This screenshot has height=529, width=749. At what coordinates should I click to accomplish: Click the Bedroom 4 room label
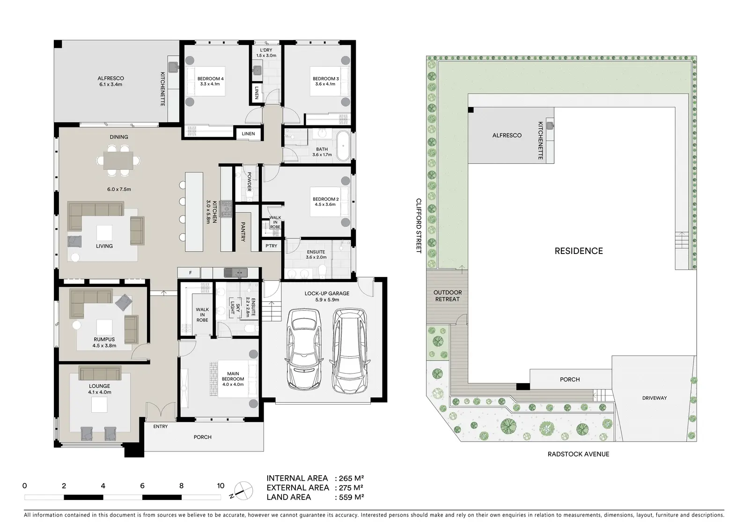point(210,79)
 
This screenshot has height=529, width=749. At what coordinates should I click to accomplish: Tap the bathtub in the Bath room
point(343,146)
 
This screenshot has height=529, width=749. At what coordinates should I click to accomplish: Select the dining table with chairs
point(118,160)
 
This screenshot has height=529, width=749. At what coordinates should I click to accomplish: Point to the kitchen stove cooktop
point(226,209)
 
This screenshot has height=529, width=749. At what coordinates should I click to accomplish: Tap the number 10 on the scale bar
point(220,486)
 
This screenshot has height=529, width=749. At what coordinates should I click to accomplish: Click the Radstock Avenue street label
point(578,454)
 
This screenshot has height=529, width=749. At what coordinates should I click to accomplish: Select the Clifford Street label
point(419,225)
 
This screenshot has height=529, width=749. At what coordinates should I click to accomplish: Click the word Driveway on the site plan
point(654,398)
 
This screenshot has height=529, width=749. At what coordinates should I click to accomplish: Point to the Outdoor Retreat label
point(448,296)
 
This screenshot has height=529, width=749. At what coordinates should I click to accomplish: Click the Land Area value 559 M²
point(351,497)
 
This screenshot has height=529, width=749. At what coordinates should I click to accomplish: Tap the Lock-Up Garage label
point(327,293)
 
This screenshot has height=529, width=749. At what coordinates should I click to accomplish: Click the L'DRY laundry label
point(266,50)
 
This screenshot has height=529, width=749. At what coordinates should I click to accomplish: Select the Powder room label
point(249,181)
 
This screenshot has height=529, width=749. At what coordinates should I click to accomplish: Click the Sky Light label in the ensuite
point(235,308)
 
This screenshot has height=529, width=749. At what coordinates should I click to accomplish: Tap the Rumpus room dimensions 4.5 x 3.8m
point(104,346)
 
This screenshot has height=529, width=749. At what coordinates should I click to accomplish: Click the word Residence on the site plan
point(579,251)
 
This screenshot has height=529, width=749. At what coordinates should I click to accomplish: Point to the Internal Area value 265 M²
point(351,478)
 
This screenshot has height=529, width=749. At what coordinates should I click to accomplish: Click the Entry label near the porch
point(161,427)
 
